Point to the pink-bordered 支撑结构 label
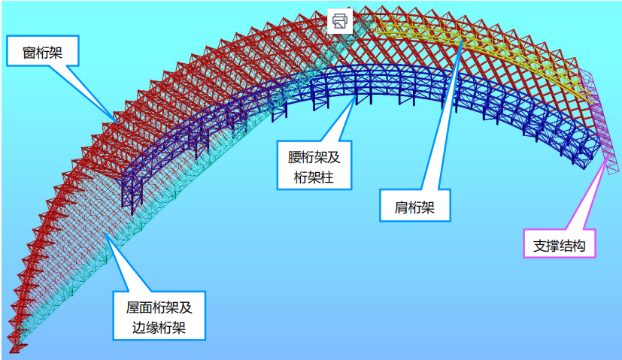pos(560,245)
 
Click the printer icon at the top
pos(340,20)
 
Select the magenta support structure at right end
pos(598,120)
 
